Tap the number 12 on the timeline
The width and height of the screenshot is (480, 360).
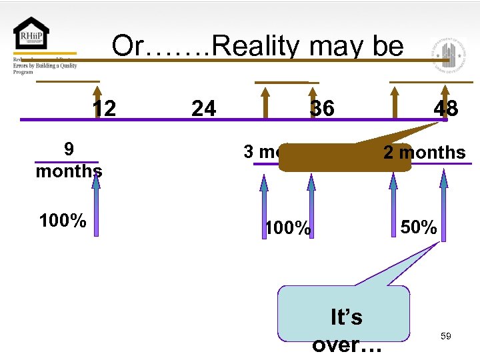(103, 108)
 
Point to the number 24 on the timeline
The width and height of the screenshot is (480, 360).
(203, 108)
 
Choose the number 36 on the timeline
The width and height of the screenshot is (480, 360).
(322, 108)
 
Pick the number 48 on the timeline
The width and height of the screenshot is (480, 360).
(445, 108)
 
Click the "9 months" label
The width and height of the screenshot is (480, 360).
(69, 160)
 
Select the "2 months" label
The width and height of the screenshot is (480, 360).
(424, 153)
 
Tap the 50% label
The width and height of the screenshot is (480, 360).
(419, 227)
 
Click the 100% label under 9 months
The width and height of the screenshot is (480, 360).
(63, 221)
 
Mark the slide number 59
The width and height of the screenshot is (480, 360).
(446, 337)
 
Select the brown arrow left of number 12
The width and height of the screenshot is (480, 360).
(97, 100)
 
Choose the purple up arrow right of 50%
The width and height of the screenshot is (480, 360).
(443, 203)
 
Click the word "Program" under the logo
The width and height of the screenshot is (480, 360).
(23, 72)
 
